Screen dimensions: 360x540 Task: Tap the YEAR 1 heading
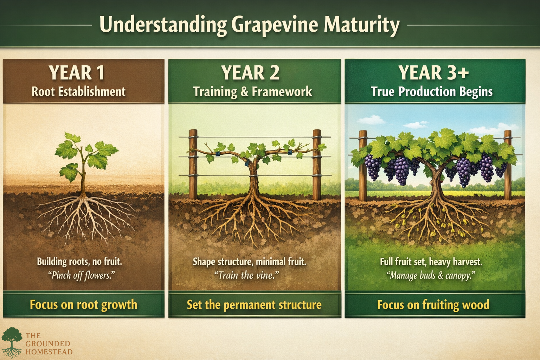point(77,73)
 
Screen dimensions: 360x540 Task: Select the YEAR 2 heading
point(250,73)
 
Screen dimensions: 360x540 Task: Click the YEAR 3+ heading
point(433,73)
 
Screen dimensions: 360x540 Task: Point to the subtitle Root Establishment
point(78,92)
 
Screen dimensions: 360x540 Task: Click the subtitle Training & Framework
point(252,92)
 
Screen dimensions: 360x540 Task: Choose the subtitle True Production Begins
point(432,92)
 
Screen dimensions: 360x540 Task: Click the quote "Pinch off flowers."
point(82,275)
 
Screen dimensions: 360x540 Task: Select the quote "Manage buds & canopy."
point(431,275)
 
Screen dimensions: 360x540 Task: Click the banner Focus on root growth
point(83,304)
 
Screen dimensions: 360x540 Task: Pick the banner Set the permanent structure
point(254,304)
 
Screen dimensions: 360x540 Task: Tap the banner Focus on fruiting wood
point(433,304)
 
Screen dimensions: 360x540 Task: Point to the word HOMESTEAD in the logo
point(49,352)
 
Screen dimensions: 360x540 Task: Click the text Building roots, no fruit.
point(79,262)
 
